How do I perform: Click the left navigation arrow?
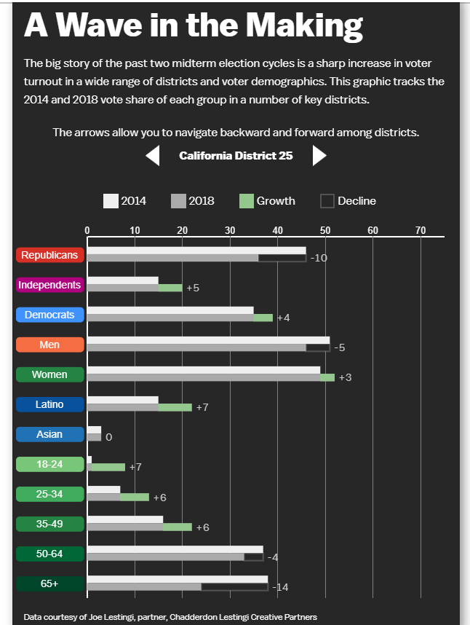tap(153, 156)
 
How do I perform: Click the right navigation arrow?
tap(319, 155)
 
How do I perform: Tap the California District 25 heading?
tap(236, 155)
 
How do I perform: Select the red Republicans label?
tap(49, 255)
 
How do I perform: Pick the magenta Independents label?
tap(49, 285)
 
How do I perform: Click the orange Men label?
tap(49, 345)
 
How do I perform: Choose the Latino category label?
tap(49, 404)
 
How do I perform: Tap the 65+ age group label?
tap(49, 583)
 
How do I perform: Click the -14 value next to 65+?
tap(281, 587)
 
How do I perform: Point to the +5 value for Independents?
tap(193, 288)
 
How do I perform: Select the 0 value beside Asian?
tap(108, 438)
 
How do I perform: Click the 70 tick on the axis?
tap(421, 230)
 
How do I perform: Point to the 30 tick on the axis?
tap(230, 230)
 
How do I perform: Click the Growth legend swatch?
tap(247, 201)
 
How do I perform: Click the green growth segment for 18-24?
tap(108, 467)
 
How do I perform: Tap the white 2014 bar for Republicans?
tap(196, 251)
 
